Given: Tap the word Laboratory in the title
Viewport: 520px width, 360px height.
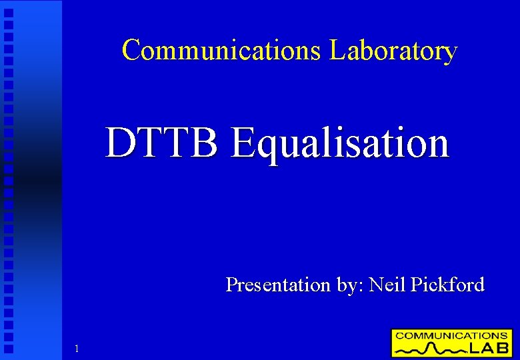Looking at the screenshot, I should point(393,51).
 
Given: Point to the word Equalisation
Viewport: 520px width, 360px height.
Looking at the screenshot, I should point(339,143).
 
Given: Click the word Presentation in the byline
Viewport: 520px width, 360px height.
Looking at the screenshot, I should point(278,285).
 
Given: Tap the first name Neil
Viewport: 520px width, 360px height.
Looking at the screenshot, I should point(387,285).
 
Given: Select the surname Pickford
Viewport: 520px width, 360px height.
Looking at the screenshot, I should point(447,285).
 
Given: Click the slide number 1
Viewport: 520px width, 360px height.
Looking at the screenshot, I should point(77,349).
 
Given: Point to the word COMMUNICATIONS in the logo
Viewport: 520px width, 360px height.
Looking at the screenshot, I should point(451,335).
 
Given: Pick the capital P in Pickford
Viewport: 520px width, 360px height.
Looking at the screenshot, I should point(416,285).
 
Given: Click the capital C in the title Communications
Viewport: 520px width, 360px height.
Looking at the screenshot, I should point(133,50).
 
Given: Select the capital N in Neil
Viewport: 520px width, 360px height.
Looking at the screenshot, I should point(376,285).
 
